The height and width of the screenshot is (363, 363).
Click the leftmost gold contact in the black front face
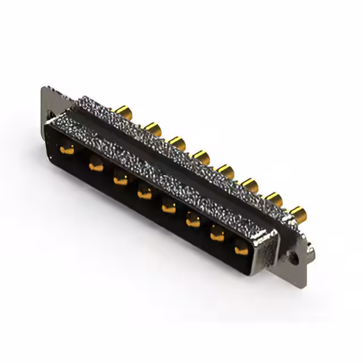click(67, 150)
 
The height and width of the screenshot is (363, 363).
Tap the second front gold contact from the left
click(95, 165)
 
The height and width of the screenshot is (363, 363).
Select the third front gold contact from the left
click(120, 180)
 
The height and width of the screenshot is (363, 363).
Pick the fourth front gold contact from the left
click(145, 194)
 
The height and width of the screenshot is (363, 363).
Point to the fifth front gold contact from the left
click(169, 208)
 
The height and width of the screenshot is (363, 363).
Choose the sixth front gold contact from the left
click(193, 222)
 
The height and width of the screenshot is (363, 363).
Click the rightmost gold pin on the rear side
click(297, 214)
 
